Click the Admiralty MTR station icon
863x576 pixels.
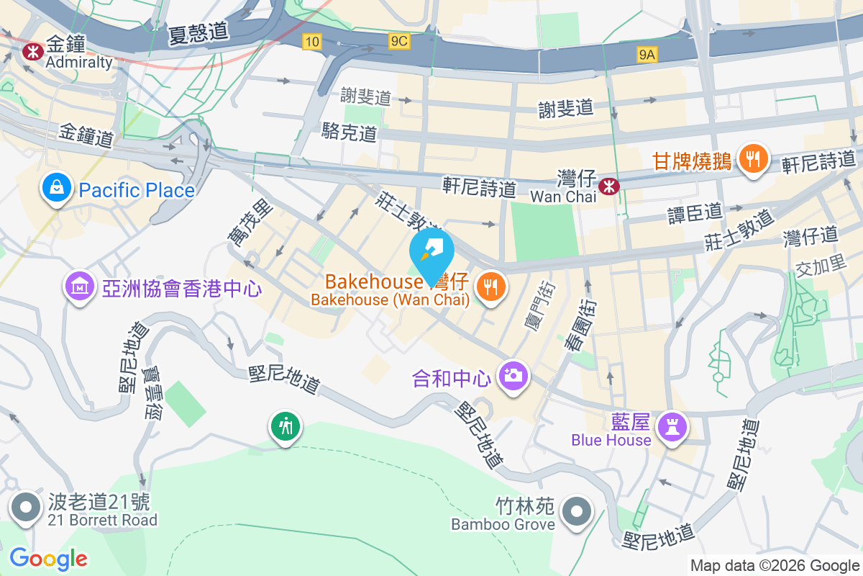pos(31,51)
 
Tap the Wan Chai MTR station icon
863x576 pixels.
pos(610,186)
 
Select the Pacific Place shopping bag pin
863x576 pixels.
pos(55,189)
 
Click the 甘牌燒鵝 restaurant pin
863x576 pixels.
pos(753,159)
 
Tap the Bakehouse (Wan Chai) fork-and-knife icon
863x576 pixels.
pos(491,288)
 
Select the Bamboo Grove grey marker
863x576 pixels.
pos(577,512)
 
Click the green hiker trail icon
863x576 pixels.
pos(286,426)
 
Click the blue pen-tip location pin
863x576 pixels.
pos(431,252)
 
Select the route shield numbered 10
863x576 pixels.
pos(311,42)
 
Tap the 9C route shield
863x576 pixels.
pos(399,42)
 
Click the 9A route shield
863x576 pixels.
pos(647,53)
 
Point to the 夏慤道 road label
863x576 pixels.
pos(198,33)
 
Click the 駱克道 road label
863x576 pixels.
pos(350,132)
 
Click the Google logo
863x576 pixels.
pos(49,558)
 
